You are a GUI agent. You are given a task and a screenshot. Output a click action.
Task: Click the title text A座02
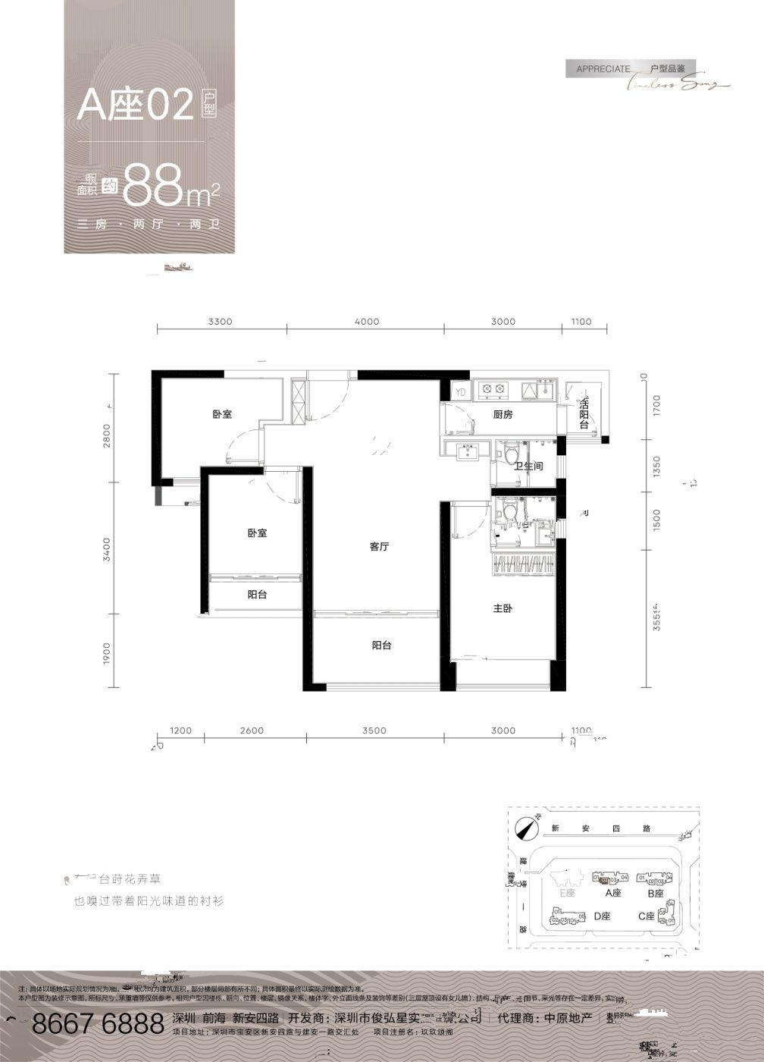coord(136,106)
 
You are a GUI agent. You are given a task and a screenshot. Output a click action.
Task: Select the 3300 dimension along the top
coord(220,322)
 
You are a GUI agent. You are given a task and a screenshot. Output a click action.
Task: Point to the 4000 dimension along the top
coord(366,322)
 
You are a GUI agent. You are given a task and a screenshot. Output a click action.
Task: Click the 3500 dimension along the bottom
coord(374,731)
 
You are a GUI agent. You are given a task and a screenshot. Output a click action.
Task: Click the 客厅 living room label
coord(379,547)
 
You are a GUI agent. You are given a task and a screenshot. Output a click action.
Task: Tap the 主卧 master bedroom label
coord(503,608)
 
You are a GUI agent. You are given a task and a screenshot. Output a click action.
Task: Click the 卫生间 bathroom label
coord(528,467)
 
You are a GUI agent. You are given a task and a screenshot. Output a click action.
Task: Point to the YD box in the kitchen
coord(460,391)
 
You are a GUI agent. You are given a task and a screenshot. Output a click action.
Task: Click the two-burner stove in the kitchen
coord(493,391)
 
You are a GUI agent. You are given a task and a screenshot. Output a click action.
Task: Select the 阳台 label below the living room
coord(381,646)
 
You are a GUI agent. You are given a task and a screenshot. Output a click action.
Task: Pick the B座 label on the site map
coord(656,894)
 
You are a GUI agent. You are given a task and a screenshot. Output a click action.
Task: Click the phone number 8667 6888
coord(100,1023)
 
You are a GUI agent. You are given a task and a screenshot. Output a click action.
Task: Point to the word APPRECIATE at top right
coord(603,69)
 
